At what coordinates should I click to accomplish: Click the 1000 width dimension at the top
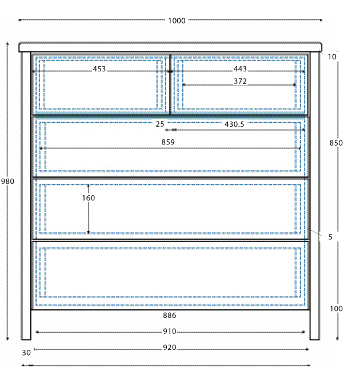(177, 21)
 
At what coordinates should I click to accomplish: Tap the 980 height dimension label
(7, 182)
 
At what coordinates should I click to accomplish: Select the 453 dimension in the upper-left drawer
(99, 69)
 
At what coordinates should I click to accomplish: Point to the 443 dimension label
(240, 69)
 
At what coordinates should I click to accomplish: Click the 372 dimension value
(240, 81)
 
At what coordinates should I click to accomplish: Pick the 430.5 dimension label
(234, 124)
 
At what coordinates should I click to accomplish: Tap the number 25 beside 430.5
(160, 124)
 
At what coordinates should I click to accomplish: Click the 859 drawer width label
(168, 142)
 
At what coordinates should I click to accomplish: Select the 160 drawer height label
(89, 198)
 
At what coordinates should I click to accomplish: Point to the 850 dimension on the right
(336, 143)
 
